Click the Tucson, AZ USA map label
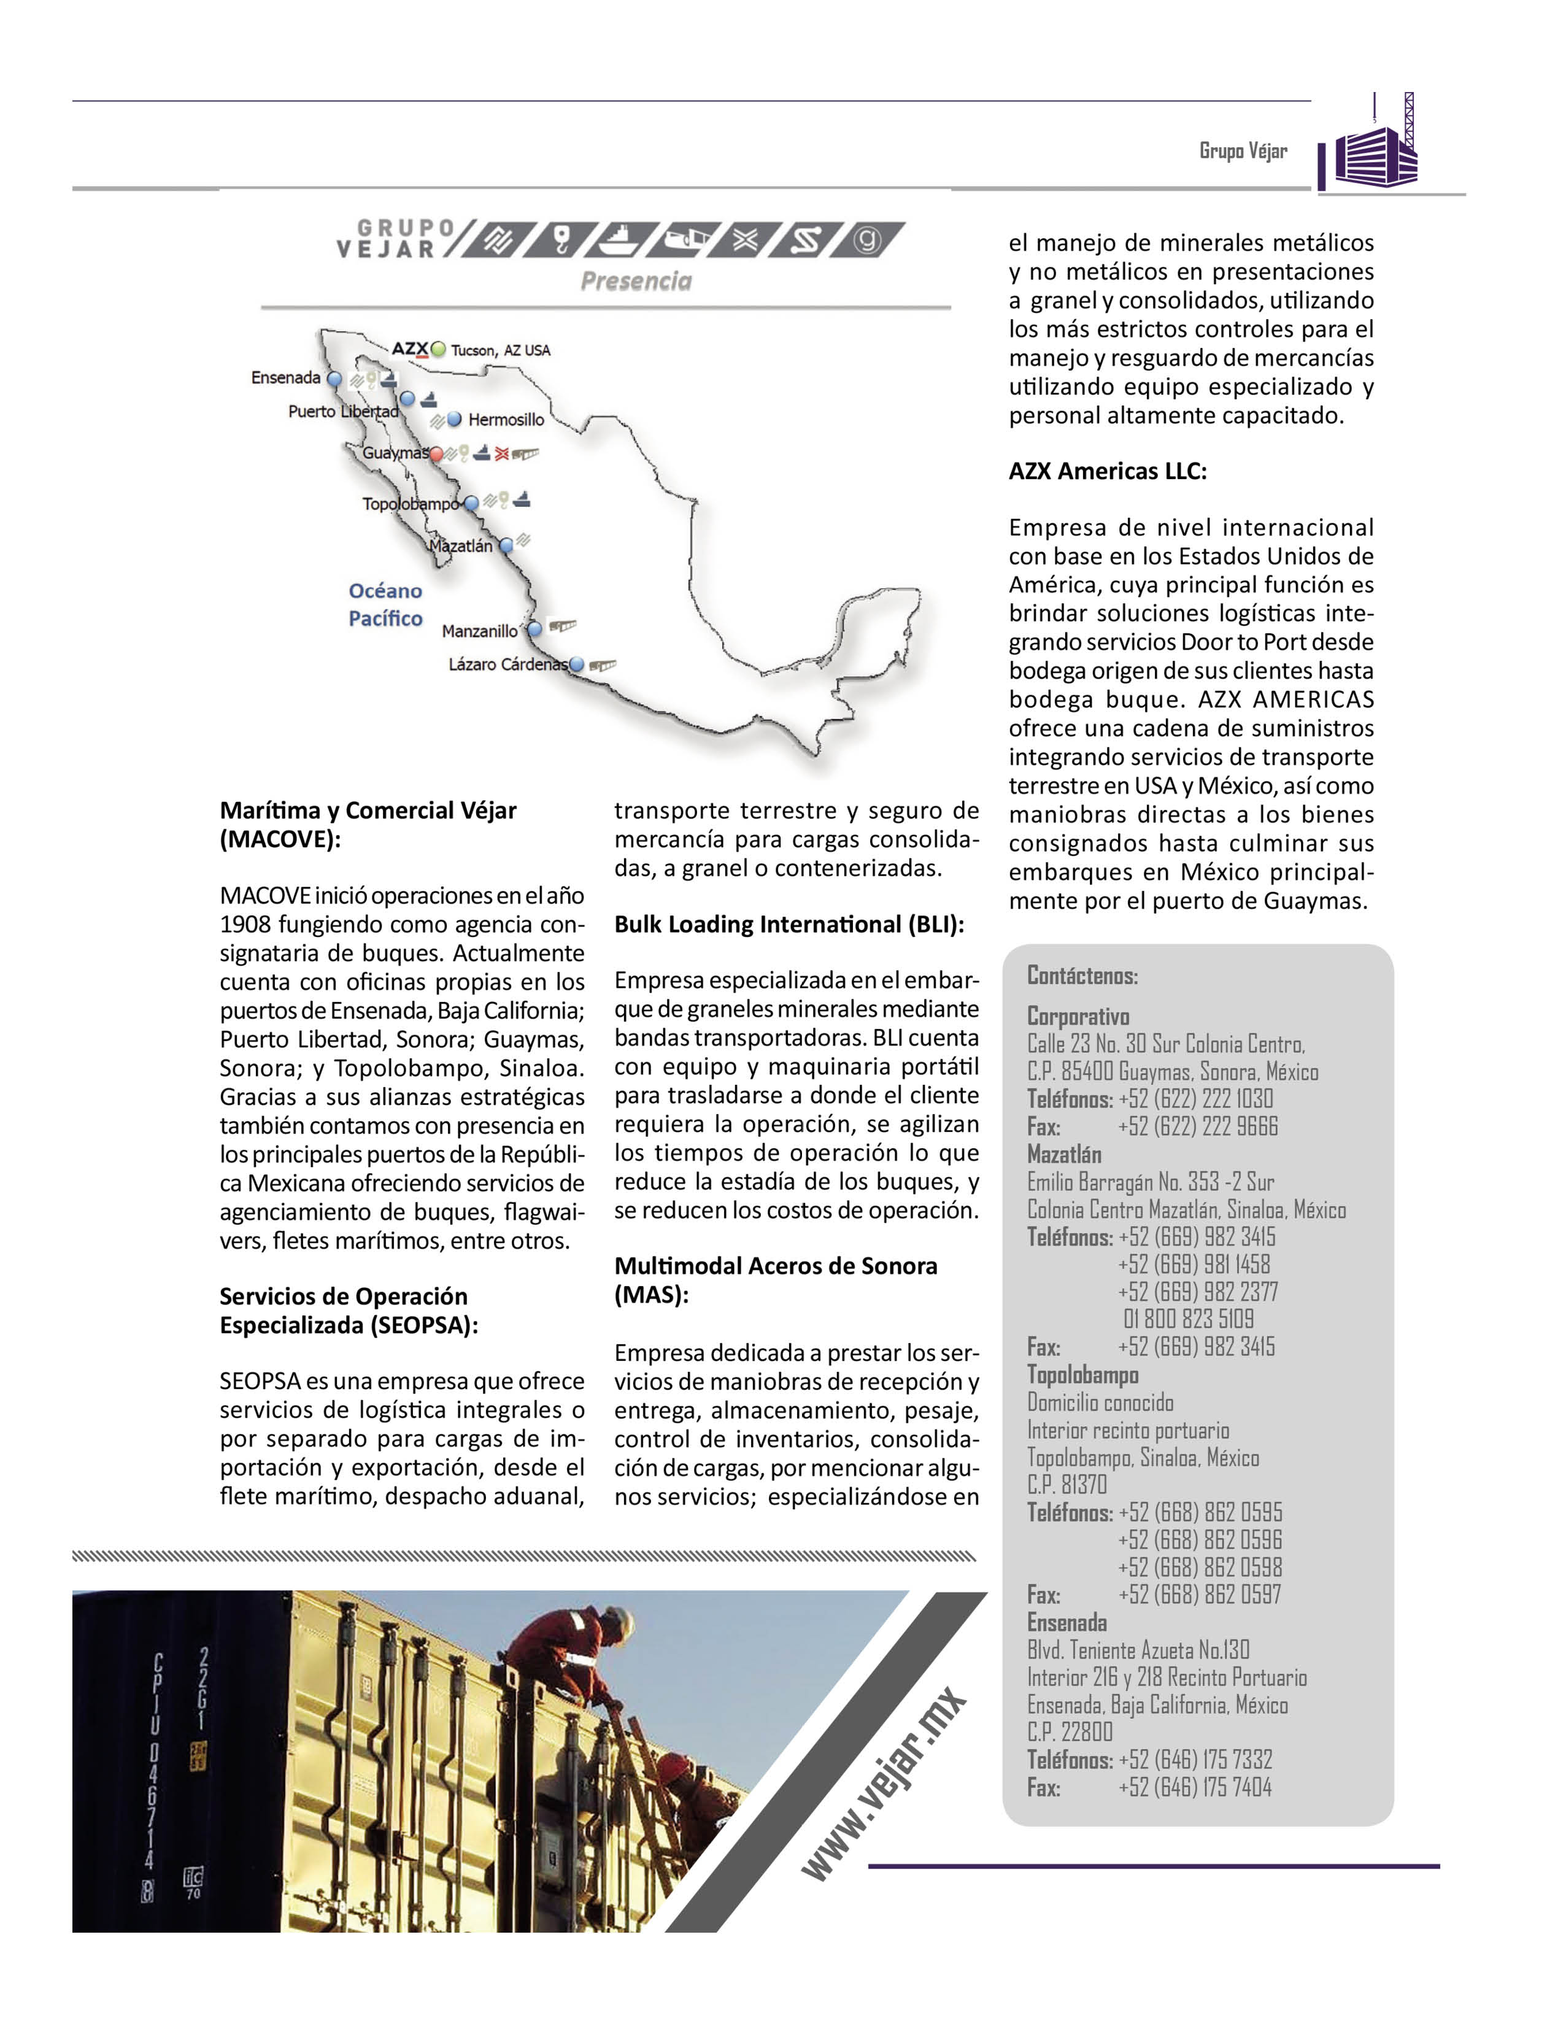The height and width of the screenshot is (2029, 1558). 501,350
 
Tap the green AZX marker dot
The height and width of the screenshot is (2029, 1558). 438,350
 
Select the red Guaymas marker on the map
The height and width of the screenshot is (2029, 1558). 436,455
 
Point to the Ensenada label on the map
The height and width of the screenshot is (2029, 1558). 285,377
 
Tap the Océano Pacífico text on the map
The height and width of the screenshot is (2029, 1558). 385,604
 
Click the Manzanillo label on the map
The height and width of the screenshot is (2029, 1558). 479,631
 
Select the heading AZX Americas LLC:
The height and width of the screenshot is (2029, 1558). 1108,471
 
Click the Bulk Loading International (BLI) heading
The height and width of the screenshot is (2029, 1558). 789,925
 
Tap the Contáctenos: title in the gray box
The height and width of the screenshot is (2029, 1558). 1081,976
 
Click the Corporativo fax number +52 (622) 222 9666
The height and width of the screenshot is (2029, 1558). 1197,1126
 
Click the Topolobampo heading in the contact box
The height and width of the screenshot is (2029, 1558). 1082,1374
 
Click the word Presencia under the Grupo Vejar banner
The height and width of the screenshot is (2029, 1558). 636,281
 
